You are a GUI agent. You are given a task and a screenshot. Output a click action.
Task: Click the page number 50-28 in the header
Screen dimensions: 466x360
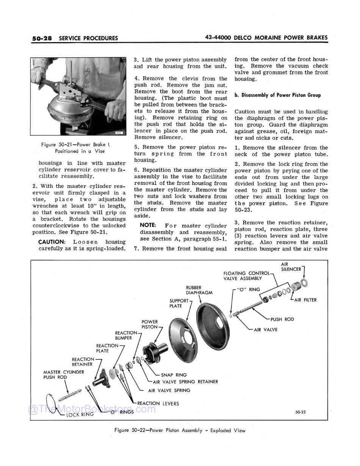tap(42, 38)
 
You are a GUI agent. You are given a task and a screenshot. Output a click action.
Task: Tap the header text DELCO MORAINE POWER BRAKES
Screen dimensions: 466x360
tap(281, 38)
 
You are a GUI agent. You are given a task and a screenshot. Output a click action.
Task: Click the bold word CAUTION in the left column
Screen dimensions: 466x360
tap(52, 242)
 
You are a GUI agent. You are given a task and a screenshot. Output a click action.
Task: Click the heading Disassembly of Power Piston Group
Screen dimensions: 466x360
tap(277, 95)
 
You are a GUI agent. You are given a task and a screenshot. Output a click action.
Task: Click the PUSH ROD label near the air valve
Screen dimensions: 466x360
tap(282, 319)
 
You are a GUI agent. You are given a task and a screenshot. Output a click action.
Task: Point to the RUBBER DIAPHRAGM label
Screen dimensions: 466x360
tap(199, 290)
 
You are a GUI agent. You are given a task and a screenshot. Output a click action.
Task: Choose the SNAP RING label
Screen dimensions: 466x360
tap(174, 375)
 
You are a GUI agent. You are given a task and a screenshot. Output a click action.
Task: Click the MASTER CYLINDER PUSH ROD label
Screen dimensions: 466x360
tap(64, 375)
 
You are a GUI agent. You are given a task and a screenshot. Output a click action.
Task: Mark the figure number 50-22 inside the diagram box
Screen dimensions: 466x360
tap(301, 412)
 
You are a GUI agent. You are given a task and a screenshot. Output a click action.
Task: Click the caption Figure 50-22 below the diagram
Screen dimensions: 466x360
tap(180, 430)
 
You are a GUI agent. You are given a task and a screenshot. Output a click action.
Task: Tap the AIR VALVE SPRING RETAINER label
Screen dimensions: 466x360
tap(185, 382)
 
